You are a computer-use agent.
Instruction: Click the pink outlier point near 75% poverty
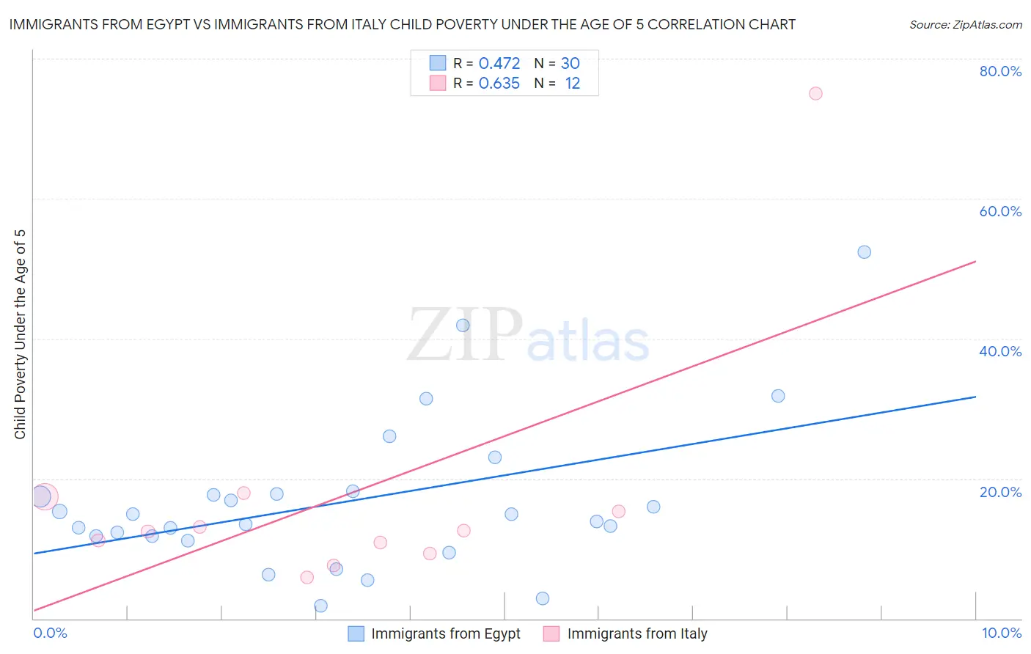click(815, 93)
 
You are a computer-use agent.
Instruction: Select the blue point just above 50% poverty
click(864, 252)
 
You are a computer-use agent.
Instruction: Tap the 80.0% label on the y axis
click(1000, 71)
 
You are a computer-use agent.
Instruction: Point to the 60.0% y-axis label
click(1000, 211)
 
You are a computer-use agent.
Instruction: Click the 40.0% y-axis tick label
click(1000, 351)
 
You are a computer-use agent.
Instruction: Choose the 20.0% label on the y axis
click(1000, 492)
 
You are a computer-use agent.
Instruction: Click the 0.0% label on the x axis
click(51, 633)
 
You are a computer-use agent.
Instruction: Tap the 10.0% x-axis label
click(1001, 633)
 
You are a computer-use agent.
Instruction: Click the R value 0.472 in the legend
click(499, 64)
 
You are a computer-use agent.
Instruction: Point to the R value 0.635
click(499, 84)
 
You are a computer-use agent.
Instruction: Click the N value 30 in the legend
click(570, 64)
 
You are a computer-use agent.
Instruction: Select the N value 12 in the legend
click(572, 84)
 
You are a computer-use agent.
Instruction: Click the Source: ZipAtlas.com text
click(965, 25)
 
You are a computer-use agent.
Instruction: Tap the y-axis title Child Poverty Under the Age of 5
click(21, 334)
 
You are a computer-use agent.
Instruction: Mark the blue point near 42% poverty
click(463, 326)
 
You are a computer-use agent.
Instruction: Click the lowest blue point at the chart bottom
click(320, 606)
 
